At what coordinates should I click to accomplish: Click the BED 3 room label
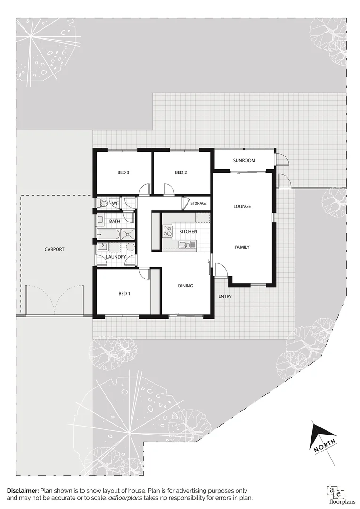coord(123,173)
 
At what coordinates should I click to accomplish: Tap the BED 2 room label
coord(181,173)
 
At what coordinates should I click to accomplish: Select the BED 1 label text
coord(123,294)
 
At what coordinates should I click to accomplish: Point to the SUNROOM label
coord(244,161)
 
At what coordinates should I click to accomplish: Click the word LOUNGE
coord(242,207)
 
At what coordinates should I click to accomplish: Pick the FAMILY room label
coord(242,247)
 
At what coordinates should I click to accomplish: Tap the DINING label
coord(186,286)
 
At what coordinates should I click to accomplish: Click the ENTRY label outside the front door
coord(225,296)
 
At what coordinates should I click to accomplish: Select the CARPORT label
coord(54,249)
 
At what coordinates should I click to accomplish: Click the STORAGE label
coord(198,204)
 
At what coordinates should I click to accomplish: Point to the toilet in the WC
coord(102,204)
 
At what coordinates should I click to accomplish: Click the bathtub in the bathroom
coord(108,234)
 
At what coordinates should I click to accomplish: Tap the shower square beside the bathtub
coord(128,234)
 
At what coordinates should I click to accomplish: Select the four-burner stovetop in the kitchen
coord(167,231)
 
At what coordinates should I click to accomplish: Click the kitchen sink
coord(187,244)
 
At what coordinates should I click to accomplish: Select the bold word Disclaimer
coord(22,491)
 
